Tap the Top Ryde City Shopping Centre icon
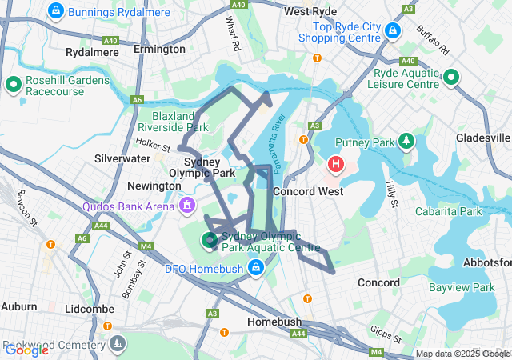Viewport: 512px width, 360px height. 392,31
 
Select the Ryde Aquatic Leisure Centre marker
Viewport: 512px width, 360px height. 450,78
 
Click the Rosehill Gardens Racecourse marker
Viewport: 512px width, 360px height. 14,83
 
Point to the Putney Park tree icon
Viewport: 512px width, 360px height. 406,142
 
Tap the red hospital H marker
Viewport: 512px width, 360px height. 335,166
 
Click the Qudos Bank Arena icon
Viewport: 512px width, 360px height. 187,206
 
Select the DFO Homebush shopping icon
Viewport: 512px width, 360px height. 255,266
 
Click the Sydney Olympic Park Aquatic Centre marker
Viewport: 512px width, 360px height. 210,238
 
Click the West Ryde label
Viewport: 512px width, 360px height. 308,12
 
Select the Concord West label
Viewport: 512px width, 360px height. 308,191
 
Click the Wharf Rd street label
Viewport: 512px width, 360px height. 233,34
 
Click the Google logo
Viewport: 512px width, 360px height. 26,350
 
